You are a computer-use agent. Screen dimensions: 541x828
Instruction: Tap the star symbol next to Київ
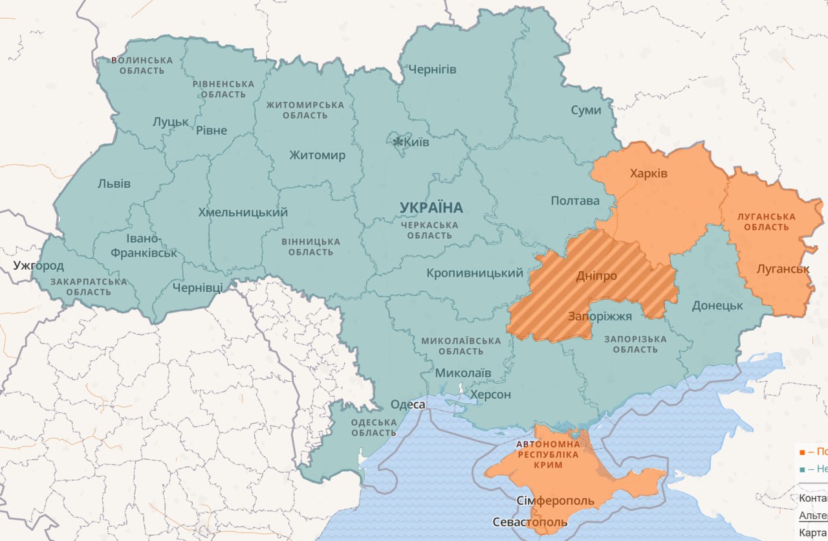point(398,141)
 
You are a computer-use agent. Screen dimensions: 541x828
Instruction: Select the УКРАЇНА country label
point(431,208)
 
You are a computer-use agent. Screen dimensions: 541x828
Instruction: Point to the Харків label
point(648,173)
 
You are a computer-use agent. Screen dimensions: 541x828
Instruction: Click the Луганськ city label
point(783,269)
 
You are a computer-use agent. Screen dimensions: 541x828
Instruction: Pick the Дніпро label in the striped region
point(596,276)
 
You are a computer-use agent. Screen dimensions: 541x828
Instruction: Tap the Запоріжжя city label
point(600,316)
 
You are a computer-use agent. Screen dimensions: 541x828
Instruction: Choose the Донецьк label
point(717,305)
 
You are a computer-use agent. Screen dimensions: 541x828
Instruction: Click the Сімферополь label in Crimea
point(556,502)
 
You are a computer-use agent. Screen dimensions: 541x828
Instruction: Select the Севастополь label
point(530,522)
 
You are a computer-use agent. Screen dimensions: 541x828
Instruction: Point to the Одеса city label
point(408,404)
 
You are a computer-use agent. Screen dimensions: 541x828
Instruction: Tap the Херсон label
point(490,394)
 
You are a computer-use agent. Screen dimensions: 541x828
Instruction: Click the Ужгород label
point(39,265)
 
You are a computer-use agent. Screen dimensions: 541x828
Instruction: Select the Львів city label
point(114,184)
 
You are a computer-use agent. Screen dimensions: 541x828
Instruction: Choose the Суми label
point(586,110)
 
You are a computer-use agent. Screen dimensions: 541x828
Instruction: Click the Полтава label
point(575,201)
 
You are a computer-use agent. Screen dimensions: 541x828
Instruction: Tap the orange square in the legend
point(802,452)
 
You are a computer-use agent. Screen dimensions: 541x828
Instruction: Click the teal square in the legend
point(802,469)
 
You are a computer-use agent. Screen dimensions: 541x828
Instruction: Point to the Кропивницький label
point(475,273)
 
